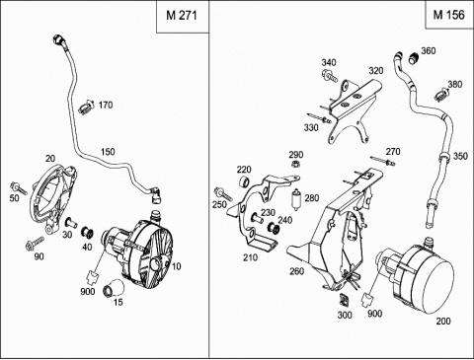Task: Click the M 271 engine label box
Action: tap(182, 16)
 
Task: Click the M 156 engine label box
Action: tap(449, 15)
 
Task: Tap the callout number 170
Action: tap(106, 106)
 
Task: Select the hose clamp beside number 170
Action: tap(86, 108)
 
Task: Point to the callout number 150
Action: tap(108, 152)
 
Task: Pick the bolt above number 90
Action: tap(35, 243)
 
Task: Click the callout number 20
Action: tap(50, 159)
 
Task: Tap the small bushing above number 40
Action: tap(87, 232)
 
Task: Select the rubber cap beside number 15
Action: tap(115, 288)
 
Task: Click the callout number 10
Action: tap(177, 266)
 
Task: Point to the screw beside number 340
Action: tap(330, 76)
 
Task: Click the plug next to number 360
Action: tap(414, 58)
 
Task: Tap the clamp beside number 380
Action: tap(441, 96)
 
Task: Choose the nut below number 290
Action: tap(295, 164)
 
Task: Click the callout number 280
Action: tap(312, 198)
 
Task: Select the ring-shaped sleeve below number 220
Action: tap(244, 182)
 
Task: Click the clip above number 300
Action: tap(345, 300)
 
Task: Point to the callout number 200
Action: tap(443, 321)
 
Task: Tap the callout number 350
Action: tap(460, 156)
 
